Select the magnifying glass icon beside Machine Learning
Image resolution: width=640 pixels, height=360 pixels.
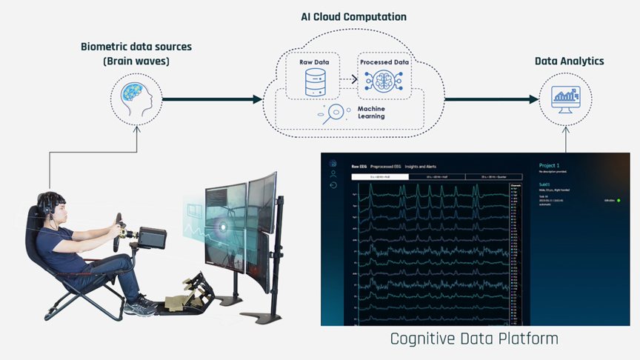pos(335,113)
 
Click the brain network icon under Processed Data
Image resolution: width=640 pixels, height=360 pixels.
pos(383,82)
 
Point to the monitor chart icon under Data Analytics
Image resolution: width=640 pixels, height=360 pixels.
pos(565,99)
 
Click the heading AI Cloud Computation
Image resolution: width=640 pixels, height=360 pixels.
pos(353,16)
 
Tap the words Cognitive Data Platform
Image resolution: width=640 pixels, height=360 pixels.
pos(474,339)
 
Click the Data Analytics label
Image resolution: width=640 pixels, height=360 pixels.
pos(569,61)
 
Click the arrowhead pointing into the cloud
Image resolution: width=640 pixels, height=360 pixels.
pos(258,99)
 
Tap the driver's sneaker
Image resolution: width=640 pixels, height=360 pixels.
pos(141,304)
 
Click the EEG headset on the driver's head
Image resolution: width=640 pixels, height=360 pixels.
pos(46,203)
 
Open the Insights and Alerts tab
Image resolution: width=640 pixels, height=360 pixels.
pos(421,167)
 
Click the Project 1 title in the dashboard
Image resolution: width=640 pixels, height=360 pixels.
pos(549,166)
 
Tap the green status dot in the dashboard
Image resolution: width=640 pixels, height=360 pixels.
pos(619,200)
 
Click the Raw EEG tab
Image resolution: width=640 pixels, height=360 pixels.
pos(359,167)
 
